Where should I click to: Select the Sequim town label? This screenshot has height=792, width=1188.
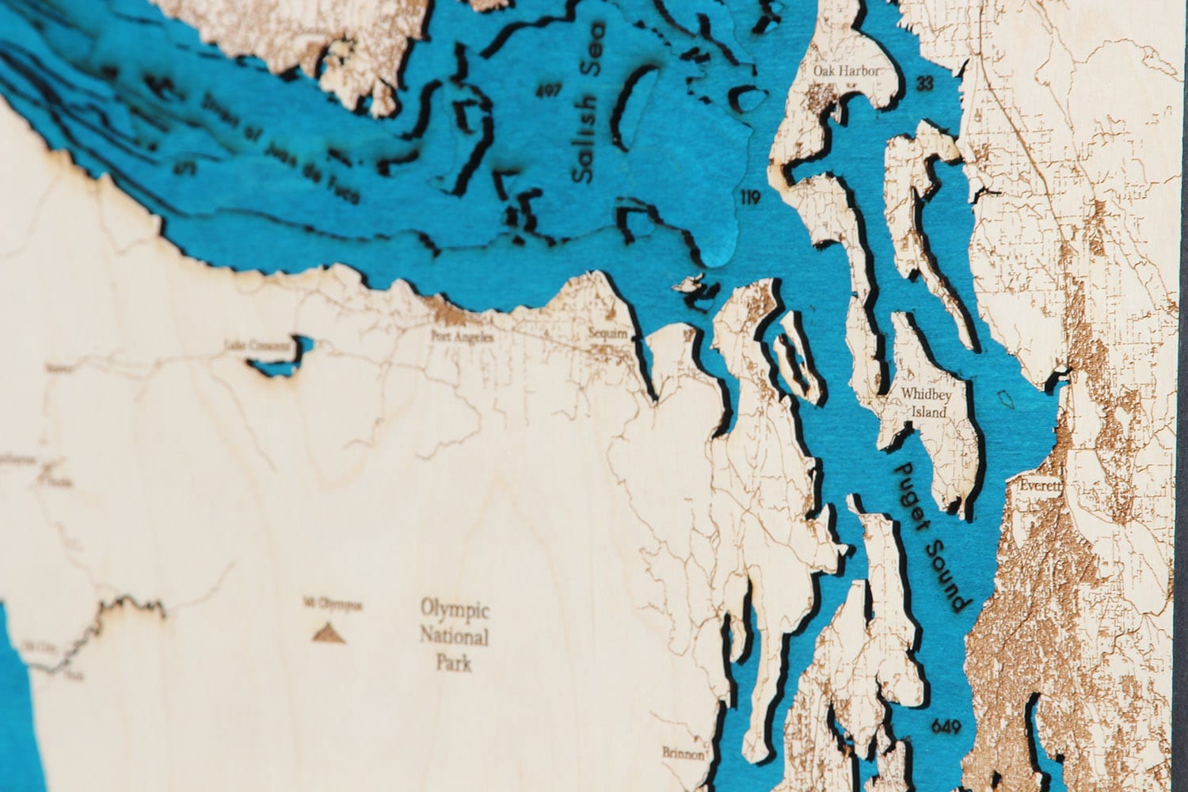[x=608, y=334]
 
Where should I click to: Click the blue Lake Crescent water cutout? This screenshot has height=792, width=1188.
[x=281, y=360]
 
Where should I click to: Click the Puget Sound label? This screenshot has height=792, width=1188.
[x=931, y=535]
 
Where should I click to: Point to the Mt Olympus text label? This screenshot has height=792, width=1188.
[x=332, y=606]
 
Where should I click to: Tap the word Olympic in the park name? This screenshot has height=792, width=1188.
[x=455, y=611]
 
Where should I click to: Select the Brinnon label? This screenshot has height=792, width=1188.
[x=683, y=754]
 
